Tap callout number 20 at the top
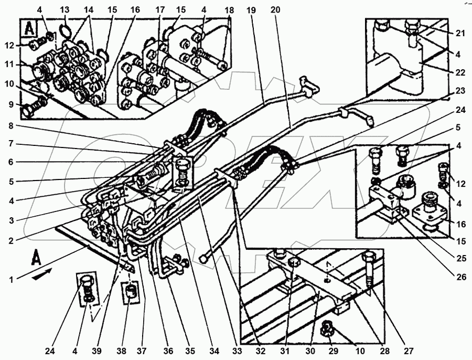[x=276, y=10]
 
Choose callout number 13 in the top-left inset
[x=64, y=10]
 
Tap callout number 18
[x=229, y=10]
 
